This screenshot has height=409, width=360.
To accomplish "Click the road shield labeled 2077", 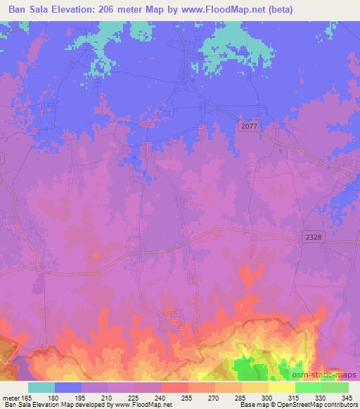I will point(248,124).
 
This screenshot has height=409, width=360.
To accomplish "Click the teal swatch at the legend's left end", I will point(41,387).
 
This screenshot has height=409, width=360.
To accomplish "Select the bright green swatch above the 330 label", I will point(309,387).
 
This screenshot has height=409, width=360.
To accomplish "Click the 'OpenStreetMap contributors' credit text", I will point(316,405).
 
